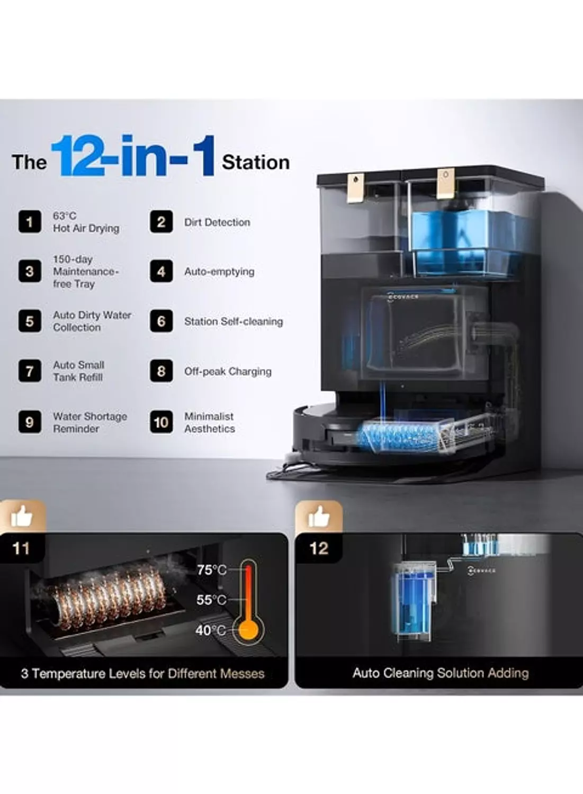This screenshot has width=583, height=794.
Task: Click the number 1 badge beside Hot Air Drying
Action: [30, 222]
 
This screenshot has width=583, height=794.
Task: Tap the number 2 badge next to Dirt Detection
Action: [162, 222]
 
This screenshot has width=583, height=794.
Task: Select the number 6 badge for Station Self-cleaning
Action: [162, 321]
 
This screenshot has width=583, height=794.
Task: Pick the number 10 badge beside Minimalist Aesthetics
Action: [162, 422]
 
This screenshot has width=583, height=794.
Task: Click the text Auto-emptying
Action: [220, 272]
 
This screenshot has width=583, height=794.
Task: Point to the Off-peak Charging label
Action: [228, 372]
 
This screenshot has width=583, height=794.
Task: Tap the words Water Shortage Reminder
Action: [90, 422]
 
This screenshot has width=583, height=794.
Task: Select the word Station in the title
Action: [256, 163]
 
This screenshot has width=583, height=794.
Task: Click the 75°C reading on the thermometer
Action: [212, 570]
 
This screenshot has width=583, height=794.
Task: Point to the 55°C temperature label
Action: [211, 600]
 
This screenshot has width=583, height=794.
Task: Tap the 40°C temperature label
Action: [211, 630]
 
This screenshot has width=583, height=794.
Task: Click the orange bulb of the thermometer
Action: [248, 630]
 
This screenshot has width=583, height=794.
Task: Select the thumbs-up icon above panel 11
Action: [22, 516]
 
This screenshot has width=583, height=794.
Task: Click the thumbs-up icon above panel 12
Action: [318, 517]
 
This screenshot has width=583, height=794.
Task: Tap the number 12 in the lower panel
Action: [319, 549]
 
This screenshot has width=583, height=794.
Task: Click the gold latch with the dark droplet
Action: [356, 188]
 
